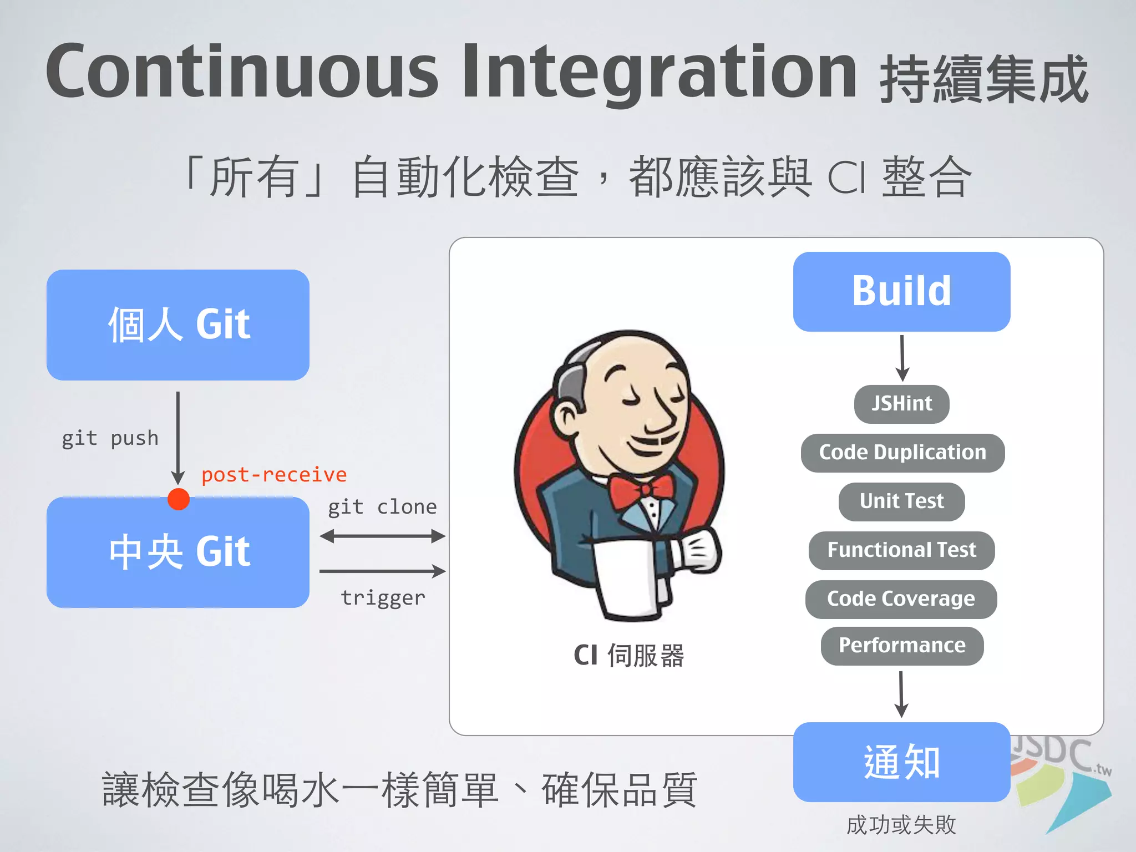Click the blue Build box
(901, 292)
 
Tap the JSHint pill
(901, 404)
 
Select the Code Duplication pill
(902, 453)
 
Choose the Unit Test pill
(901, 501)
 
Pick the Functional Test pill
(901, 550)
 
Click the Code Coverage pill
(901, 599)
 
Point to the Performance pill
(902, 646)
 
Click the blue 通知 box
(901, 762)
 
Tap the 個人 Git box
(177, 325)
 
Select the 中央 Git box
(177, 552)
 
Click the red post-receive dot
(179, 499)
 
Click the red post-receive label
(274, 475)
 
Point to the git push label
(110, 438)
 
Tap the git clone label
(382, 507)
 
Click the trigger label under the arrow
(383, 598)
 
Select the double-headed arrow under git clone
(382, 536)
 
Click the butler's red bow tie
(642, 491)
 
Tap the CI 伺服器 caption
(628, 656)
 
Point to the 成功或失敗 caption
(901, 825)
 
